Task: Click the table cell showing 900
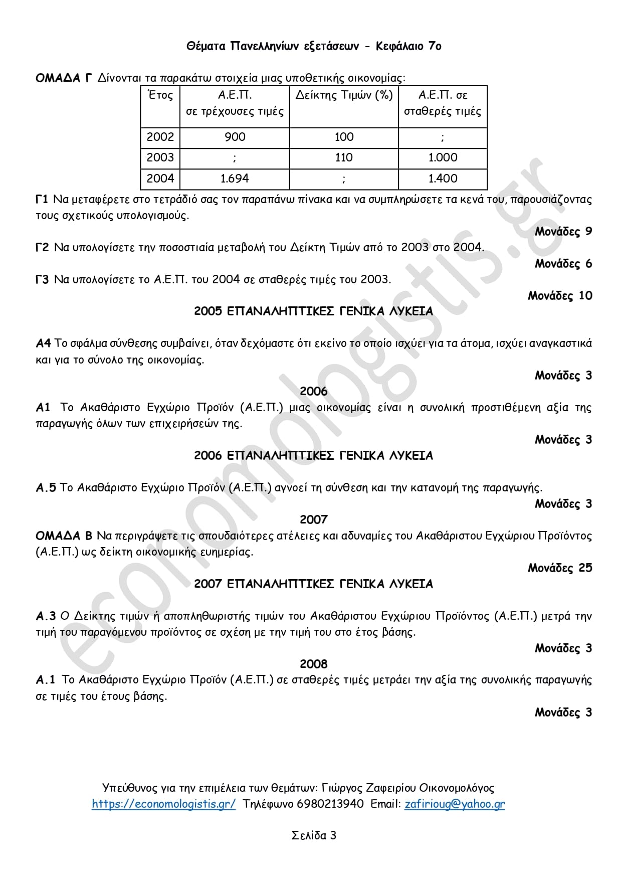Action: point(235,137)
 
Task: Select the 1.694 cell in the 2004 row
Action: point(235,179)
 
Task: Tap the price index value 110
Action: point(344,157)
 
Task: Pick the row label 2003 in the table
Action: point(160,157)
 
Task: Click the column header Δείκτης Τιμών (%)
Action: point(344,95)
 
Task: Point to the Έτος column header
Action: point(160,95)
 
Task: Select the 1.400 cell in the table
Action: point(443,179)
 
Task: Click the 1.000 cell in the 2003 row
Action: point(443,157)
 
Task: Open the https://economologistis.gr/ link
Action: point(163,804)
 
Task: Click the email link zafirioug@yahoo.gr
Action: point(455,804)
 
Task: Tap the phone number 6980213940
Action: point(330,804)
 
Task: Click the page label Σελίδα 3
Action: point(314,835)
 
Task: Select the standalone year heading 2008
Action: point(313,664)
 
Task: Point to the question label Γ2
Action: point(42,247)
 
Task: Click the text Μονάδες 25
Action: point(560,568)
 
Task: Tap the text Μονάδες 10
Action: point(560,295)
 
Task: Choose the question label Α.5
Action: point(46,488)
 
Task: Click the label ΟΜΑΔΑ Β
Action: point(64,536)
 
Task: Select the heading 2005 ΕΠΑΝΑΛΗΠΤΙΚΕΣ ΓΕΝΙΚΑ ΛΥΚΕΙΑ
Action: point(313,311)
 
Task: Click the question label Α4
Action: point(43,343)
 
